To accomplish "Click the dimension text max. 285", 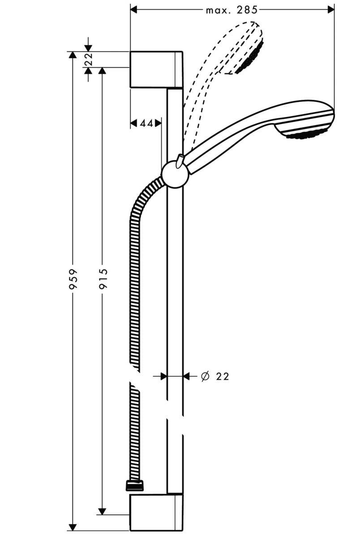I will (x=231, y=10).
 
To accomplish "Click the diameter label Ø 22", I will (x=215, y=377).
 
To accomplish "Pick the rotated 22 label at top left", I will (x=88, y=60).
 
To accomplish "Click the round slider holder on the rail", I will (x=175, y=175).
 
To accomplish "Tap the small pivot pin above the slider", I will (x=180, y=159).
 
